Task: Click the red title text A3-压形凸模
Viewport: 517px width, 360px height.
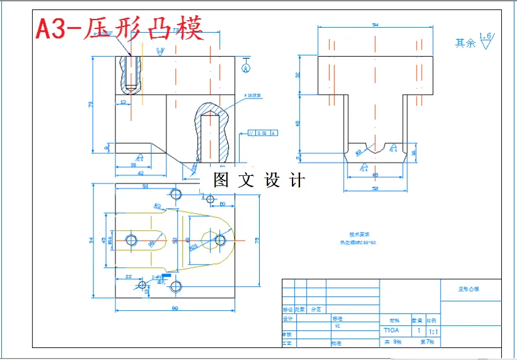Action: [x=119, y=28]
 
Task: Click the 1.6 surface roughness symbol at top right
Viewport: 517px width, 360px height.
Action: [x=485, y=41]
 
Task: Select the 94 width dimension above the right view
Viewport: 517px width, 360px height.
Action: [x=376, y=25]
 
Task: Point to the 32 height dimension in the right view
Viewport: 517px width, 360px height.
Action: [x=299, y=75]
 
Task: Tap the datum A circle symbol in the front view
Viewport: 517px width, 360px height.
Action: [x=246, y=67]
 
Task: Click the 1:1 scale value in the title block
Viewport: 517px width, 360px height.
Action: [x=434, y=330]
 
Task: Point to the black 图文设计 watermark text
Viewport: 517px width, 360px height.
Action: [x=258, y=180]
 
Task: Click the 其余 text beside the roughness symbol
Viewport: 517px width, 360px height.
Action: [x=465, y=43]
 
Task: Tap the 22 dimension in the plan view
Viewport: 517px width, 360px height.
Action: [x=128, y=276]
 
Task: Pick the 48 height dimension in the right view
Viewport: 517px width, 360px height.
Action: [x=299, y=123]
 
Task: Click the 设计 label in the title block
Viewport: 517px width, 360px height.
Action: [x=288, y=319]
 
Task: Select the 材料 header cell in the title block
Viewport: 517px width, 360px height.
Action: [x=394, y=319]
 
